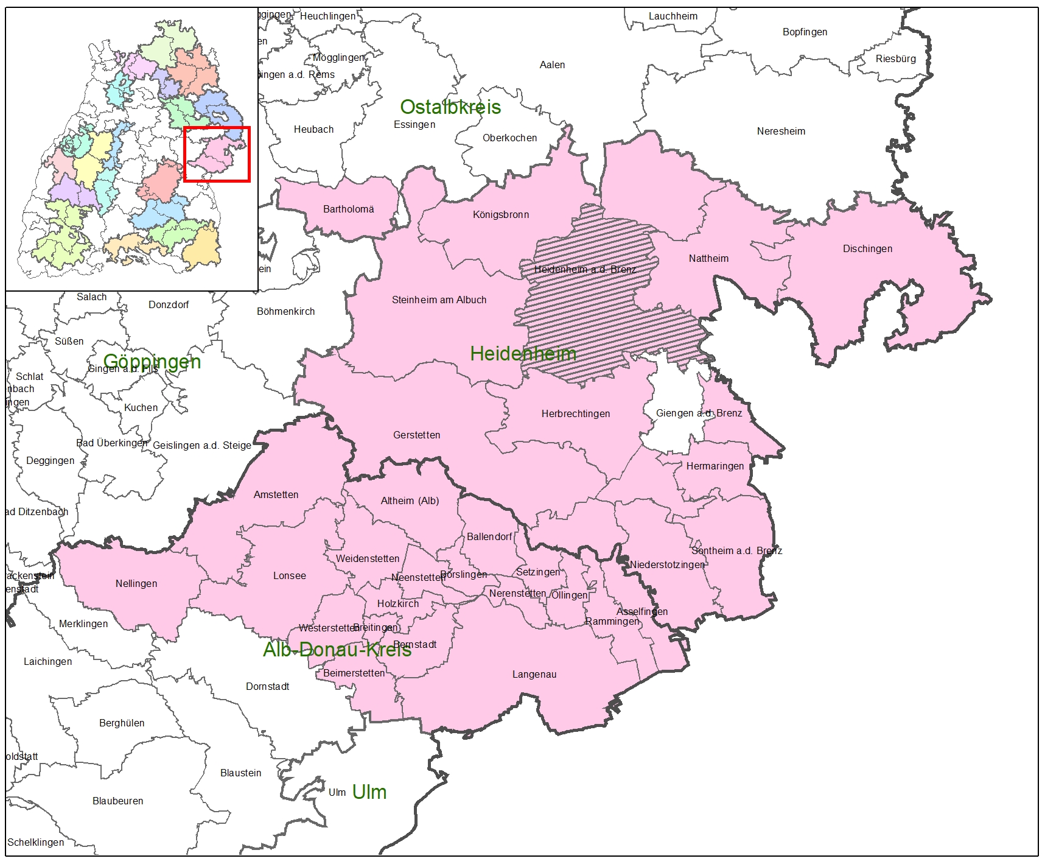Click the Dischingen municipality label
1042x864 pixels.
867,248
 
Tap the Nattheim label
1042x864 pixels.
708,258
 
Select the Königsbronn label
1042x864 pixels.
501,214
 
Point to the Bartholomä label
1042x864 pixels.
348,209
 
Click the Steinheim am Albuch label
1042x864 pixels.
439,300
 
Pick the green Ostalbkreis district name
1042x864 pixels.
450,107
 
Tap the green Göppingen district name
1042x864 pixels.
152,361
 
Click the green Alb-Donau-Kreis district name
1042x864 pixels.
337,650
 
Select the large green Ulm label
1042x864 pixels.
369,792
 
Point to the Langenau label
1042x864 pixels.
534,674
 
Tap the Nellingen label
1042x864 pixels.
136,583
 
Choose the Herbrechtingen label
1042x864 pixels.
575,413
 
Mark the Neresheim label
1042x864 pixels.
781,131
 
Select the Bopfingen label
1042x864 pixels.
805,32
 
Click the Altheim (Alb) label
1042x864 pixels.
410,500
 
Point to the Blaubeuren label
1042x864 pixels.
118,801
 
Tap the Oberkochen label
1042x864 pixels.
509,138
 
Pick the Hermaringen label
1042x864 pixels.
715,466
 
